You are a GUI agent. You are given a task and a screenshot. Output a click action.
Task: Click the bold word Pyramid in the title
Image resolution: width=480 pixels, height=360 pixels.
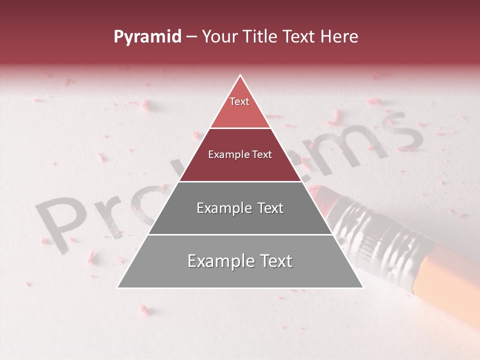147,36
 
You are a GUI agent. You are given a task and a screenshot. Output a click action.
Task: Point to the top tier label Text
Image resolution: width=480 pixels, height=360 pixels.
239,101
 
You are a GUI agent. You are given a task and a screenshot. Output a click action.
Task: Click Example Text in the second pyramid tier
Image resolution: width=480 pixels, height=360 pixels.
240,154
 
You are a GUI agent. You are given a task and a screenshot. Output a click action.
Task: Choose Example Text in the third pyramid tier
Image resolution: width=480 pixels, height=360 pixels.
240,208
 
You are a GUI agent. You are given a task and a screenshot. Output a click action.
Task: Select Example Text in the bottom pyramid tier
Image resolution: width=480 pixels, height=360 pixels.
240,261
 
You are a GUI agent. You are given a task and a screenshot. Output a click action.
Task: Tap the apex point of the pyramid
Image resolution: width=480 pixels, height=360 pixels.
240,75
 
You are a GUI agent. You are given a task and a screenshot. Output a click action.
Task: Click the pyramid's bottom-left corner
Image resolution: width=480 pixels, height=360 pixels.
118,287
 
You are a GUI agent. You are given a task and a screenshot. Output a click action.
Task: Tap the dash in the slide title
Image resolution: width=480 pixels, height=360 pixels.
191,37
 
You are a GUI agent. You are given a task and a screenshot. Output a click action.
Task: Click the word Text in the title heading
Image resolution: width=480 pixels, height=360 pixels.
299,36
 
